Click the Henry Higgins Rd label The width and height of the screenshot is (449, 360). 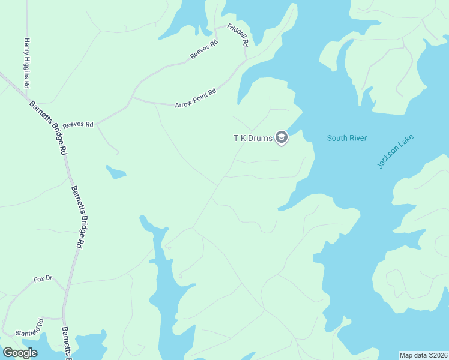[x=26, y=63]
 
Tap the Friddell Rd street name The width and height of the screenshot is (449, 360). [x=237, y=36]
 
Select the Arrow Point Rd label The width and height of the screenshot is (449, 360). [x=195, y=96]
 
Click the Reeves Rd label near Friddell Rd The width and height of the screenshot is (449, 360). [x=204, y=49]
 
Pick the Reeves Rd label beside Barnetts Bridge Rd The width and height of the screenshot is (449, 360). [x=78, y=124]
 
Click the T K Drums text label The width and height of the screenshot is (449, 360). [x=253, y=139]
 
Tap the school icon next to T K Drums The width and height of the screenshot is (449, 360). [x=282, y=139]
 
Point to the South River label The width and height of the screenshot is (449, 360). [x=346, y=139]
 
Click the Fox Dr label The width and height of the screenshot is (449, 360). [x=43, y=279]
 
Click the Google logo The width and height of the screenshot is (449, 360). [x=20, y=353]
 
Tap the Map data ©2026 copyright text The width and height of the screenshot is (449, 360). [x=423, y=355]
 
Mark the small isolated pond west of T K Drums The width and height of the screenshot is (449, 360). [x=115, y=173]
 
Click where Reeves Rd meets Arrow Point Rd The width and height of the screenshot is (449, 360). [x=131, y=97]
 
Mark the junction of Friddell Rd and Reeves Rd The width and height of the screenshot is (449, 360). [x=245, y=59]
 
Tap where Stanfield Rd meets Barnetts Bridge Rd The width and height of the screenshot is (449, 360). [x=62, y=319]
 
